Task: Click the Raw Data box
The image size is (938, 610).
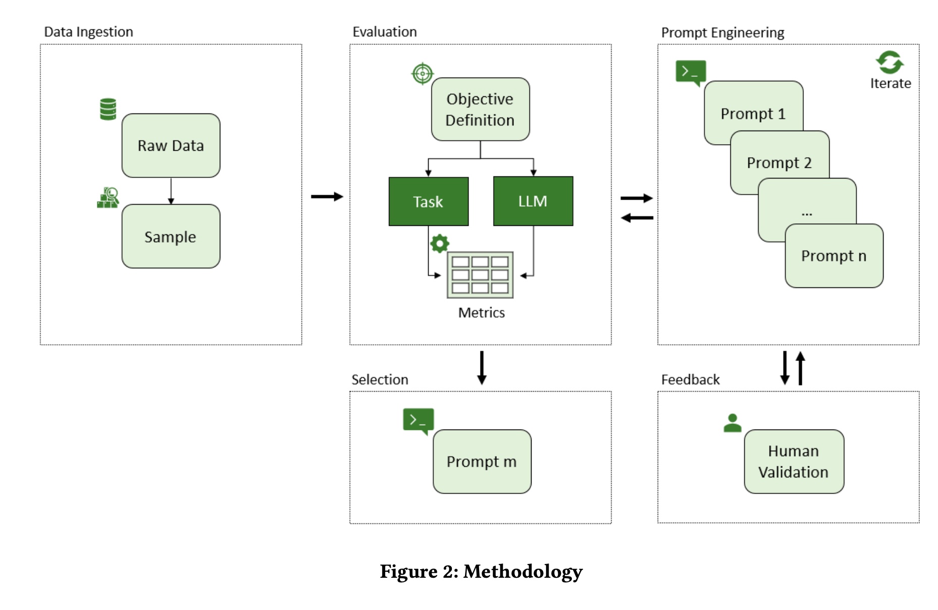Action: click(170, 146)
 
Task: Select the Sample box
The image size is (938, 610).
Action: click(170, 236)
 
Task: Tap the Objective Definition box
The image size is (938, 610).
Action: click(480, 109)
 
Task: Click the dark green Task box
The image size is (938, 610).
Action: click(428, 202)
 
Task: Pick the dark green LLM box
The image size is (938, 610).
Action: click(533, 201)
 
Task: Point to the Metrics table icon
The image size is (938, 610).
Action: click(480, 275)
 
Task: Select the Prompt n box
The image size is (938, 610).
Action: click(834, 256)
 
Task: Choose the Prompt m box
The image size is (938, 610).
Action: click(482, 461)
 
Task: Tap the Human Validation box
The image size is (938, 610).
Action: click(793, 461)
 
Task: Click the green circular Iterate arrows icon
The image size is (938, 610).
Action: click(890, 63)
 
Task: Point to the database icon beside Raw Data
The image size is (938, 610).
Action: click(108, 109)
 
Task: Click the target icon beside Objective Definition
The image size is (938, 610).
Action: click(422, 74)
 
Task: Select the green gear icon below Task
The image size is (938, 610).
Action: click(439, 243)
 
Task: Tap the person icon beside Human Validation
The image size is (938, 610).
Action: click(732, 423)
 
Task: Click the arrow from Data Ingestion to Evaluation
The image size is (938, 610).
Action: click(326, 197)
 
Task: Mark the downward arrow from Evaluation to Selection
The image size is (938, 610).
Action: click(482, 368)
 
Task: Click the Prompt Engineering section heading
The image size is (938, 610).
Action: click(722, 33)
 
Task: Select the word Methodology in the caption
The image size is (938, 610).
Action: click(522, 572)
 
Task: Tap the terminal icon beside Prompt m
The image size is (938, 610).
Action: click(418, 420)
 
